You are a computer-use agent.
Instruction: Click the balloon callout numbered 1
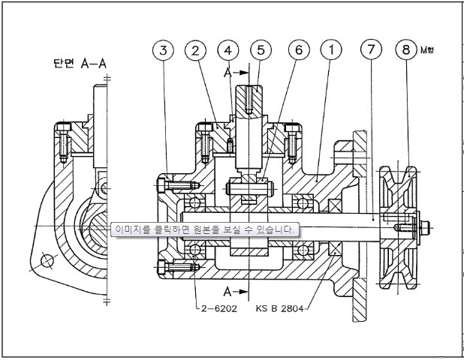click(x=328, y=51)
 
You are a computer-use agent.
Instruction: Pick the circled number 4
click(x=228, y=51)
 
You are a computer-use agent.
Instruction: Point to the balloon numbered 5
click(x=261, y=51)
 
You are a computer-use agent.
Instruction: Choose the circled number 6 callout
click(x=297, y=51)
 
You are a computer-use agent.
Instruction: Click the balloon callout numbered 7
click(x=370, y=51)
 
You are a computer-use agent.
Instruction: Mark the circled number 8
click(x=406, y=51)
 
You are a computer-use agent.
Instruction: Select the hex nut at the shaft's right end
click(x=425, y=224)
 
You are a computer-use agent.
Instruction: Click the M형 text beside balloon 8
click(x=428, y=50)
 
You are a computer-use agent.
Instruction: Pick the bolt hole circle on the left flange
click(x=48, y=261)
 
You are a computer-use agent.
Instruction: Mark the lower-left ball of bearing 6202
click(x=194, y=249)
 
